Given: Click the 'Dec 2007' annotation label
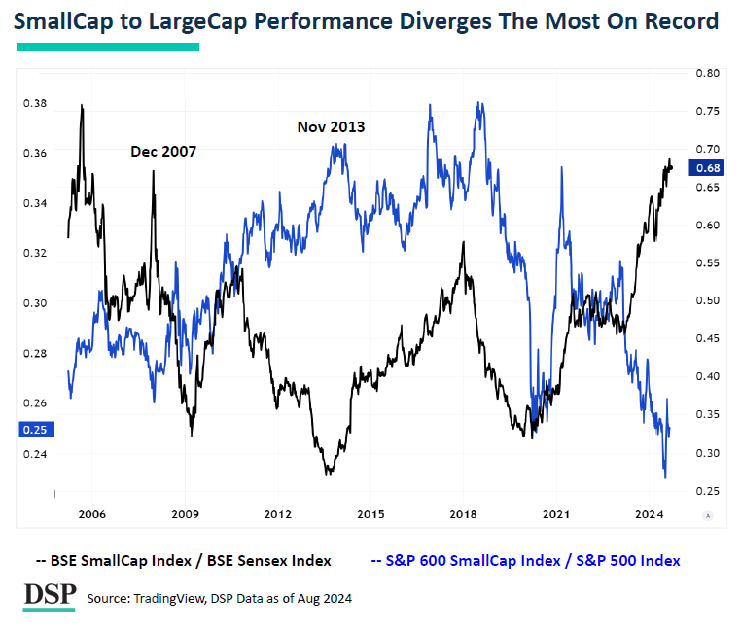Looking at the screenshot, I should [x=163, y=152].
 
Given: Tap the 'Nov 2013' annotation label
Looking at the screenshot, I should [x=332, y=126].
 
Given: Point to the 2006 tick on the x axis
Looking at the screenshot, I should [x=91, y=513].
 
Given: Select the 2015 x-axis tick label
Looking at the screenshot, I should [x=370, y=513].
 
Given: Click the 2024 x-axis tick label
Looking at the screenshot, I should [x=649, y=513].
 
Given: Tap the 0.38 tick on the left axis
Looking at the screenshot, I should [x=34, y=102].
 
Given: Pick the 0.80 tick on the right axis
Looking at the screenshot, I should [x=707, y=73].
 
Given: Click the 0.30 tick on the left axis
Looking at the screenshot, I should [x=34, y=303].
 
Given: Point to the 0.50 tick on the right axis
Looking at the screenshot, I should [x=707, y=300].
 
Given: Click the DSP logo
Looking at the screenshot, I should [x=50, y=594].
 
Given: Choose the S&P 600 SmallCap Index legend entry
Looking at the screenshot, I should [x=525, y=561].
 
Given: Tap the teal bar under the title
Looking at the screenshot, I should [x=108, y=46].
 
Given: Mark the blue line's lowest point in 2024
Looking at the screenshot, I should [x=665, y=477].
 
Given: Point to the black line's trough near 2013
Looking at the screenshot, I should [x=329, y=473].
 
